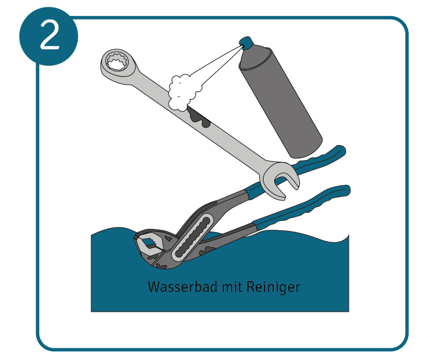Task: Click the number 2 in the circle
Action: (x=50, y=36)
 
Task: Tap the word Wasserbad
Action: (x=183, y=287)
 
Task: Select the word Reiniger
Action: (x=273, y=287)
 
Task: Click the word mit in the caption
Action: (x=232, y=287)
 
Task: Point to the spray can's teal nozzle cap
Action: (x=246, y=43)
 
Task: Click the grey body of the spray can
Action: (x=281, y=102)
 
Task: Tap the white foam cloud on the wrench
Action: (x=183, y=92)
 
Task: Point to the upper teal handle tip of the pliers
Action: (x=339, y=151)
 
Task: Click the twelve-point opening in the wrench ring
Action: (x=117, y=62)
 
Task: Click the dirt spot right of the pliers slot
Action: (x=207, y=250)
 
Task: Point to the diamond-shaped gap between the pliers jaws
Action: (x=149, y=242)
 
